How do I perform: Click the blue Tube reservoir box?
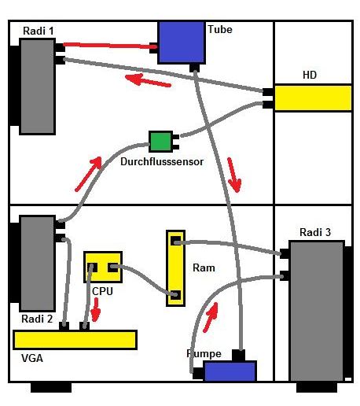pyautogui.click(x=181, y=42)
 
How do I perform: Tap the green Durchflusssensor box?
pyautogui.click(x=161, y=142)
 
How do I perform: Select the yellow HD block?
pyautogui.click(x=313, y=98)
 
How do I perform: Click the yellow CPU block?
pyautogui.click(x=103, y=267)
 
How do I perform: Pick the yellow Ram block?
pyautogui.click(x=175, y=268)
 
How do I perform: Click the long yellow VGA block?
pyautogui.click(x=75, y=340)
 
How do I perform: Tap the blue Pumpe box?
pyautogui.click(x=230, y=371)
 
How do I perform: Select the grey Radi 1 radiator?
pyautogui.click(x=37, y=87)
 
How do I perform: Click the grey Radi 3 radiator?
pyautogui.click(x=317, y=311)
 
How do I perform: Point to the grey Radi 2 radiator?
pyautogui.click(x=37, y=264)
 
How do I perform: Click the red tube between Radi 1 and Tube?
pyautogui.click(x=110, y=46)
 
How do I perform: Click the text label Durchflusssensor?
pyautogui.click(x=162, y=161)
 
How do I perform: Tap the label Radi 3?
pyautogui.click(x=315, y=232)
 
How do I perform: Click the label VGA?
pyautogui.click(x=32, y=358)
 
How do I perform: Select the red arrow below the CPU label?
pyautogui.click(x=96, y=310)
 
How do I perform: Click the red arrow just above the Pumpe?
pyautogui.click(x=211, y=317)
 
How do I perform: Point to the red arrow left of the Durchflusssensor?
pyautogui.click(x=88, y=174)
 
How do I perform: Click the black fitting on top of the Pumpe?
pyautogui.click(x=238, y=355)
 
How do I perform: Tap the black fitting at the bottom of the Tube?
pyautogui.click(x=194, y=68)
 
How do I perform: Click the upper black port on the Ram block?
pyautogui.click(x=176, y=241)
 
